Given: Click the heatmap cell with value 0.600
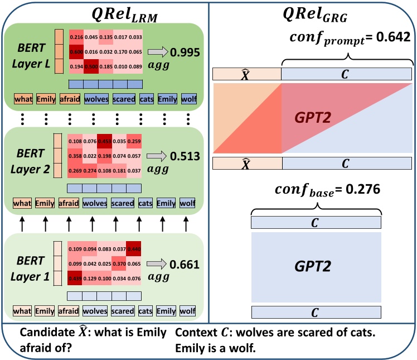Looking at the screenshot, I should click(75, 51).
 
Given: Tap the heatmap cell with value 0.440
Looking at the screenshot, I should click(134, 248).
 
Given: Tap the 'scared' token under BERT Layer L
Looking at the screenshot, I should click(124, 100).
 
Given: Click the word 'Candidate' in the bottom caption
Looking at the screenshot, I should click(43, 333).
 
